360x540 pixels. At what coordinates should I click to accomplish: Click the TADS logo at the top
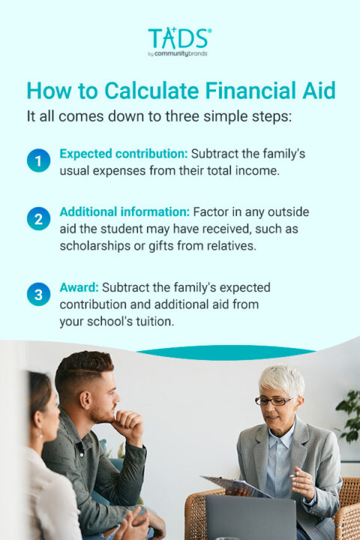click(x=179, y=38)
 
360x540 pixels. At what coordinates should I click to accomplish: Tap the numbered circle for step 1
click(x=38, y=160)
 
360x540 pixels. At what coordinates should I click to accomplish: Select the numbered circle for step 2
click(x=38, y=220)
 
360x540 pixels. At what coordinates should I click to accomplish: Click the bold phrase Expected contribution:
click(x=123, y=153)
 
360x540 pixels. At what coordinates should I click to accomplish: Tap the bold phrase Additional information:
click(x=124, y=212)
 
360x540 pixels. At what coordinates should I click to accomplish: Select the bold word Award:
click(x=79, y=287)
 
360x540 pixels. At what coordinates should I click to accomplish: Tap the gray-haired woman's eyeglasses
click(x=275, y=400)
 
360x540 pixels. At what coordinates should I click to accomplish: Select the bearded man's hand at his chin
click(x=127, y=424)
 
